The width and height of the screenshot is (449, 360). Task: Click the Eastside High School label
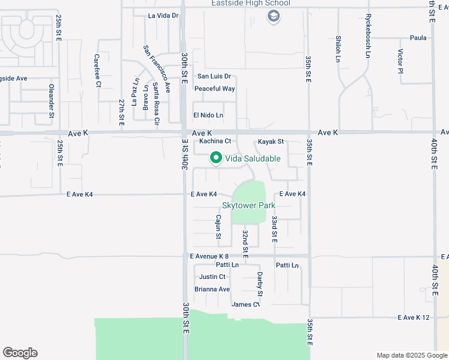tap(250, 4)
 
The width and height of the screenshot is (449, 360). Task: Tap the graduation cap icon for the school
tap(274, 17)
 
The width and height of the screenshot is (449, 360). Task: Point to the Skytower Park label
tap(249, 205)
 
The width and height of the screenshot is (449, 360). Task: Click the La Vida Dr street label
tap(163, 16)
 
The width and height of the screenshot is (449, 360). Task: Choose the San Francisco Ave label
tap(157, 68)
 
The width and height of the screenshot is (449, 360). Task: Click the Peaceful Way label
tap(214, 89)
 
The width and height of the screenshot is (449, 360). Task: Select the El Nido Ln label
tap(208, 115)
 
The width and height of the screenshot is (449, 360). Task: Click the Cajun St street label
tap(218, 227)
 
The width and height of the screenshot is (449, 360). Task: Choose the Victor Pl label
tap(400, 62)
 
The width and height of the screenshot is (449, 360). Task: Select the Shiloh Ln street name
tap(338, 48)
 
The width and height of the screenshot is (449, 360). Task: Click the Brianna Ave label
tap(212, 289)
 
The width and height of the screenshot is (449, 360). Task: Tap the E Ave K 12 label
tap(414, 317)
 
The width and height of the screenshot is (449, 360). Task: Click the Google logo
tap(20, 353)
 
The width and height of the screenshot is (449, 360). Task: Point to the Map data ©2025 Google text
tap(411, 355)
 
